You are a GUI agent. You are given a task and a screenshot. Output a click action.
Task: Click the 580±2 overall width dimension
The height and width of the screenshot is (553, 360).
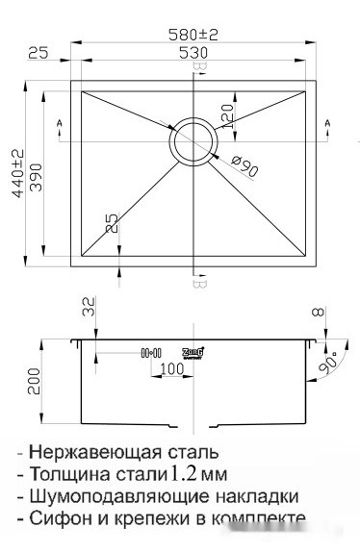[194, 34]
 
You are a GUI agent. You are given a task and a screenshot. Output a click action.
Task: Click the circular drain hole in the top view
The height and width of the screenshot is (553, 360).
[194, 141]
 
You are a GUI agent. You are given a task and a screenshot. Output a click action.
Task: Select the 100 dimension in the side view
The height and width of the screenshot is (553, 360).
[171, 369]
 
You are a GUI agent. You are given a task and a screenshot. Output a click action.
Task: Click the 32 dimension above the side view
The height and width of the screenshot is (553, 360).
[90, 309]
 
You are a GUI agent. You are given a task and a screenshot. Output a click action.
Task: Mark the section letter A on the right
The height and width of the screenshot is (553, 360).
[327, 123]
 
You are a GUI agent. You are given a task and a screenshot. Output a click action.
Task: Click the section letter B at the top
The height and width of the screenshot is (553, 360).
[198, 69]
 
